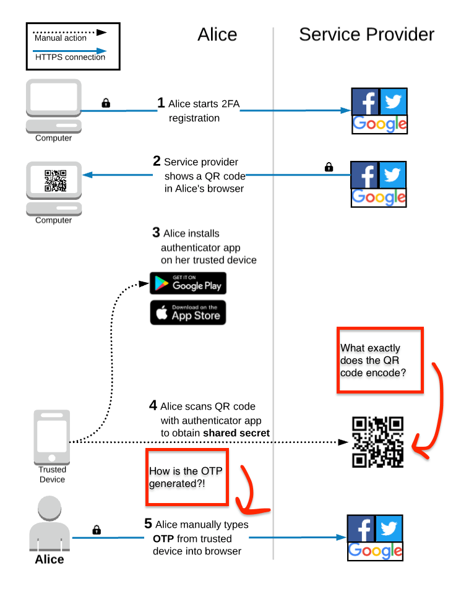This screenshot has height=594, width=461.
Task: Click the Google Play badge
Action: (188, 283)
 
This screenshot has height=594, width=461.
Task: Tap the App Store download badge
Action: (188, 312)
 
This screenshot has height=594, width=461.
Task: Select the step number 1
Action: (161, 103)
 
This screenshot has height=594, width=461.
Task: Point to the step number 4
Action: (153, 406)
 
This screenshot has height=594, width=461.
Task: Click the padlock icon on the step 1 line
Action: (106, 103)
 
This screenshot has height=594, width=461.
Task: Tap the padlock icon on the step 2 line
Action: (329, 166)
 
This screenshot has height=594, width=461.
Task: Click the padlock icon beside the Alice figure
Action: (97, 530)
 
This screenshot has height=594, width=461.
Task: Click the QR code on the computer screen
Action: (55, 180)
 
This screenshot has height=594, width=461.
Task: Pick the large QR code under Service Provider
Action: (377, 442)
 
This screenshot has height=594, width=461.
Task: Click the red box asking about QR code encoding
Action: (379, 360)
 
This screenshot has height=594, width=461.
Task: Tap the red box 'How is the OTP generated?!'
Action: (187, 477)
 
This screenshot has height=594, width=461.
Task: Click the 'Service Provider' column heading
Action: (366, 35)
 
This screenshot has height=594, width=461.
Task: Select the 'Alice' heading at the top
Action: (217, 35)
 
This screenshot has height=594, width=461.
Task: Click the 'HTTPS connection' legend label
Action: (70, 58)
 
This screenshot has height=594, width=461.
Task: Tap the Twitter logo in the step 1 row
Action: (393, 101)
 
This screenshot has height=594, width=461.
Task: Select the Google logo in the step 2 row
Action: (379, 197)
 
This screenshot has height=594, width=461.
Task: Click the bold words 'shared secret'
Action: (236, 433)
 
